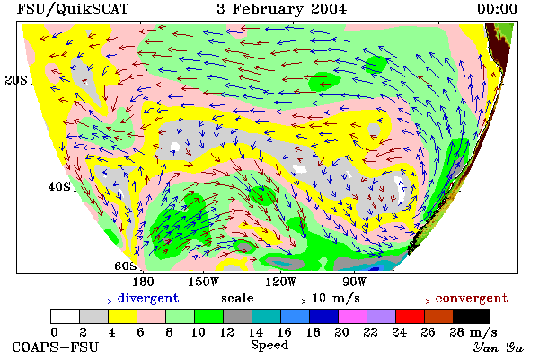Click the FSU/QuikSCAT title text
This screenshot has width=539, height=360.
[x=73, y=9]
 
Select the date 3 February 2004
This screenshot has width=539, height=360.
[x=281, y=9]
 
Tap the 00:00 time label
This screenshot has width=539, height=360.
[x=497, y=9]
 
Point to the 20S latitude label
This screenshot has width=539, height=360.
[x=16, y=80]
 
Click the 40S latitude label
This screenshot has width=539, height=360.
[x=59, y=186]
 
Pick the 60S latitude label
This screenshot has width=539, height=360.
[x=126, y=266]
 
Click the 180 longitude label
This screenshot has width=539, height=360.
[x=143, y=282]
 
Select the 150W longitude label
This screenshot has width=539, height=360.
[x=204, y=282]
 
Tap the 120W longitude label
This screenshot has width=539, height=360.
[x=280, y=282]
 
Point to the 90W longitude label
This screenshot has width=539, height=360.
[x=354, y=282]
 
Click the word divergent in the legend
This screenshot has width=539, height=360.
[x=148, y=298]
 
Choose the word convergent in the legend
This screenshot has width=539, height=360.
[x=472, y=298]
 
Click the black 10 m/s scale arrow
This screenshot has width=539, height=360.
[x=282, y=301]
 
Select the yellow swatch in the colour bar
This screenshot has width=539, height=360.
[x=123, y=316]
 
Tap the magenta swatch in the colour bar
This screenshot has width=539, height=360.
[x=353, y=316]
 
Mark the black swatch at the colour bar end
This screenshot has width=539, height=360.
[x=471, y=316]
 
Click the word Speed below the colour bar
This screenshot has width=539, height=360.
[x=269, y=346]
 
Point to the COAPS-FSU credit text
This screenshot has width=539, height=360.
[x=56, y=346]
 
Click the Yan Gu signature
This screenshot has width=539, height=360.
[x=498, y=347]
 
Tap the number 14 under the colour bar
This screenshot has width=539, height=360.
[x=255, y=332]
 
